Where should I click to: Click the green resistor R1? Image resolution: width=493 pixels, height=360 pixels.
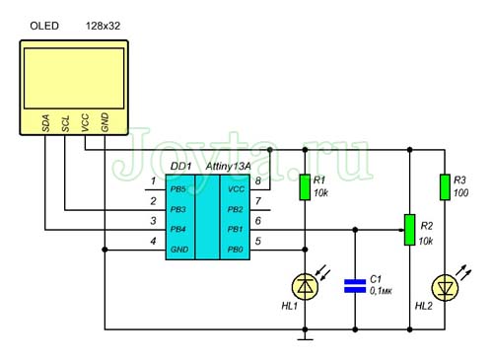(x=305, y=187)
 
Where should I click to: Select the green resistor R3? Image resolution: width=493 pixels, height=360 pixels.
(x=445, y=187)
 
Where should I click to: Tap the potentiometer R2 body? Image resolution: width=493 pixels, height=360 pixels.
(x=409, y=230)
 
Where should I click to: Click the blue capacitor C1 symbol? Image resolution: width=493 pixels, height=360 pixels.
(x=355, y=286)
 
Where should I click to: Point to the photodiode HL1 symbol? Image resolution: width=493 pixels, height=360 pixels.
(x=305, y=287)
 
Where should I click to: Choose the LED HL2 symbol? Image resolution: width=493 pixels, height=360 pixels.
(x=445, y=288)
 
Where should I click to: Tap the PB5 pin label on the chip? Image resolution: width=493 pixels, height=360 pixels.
(x=178, y=189)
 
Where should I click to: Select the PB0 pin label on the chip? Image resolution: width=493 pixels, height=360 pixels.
(x=236, y=250)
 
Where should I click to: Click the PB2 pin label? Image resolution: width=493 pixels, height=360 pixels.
(x=236, y=209)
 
